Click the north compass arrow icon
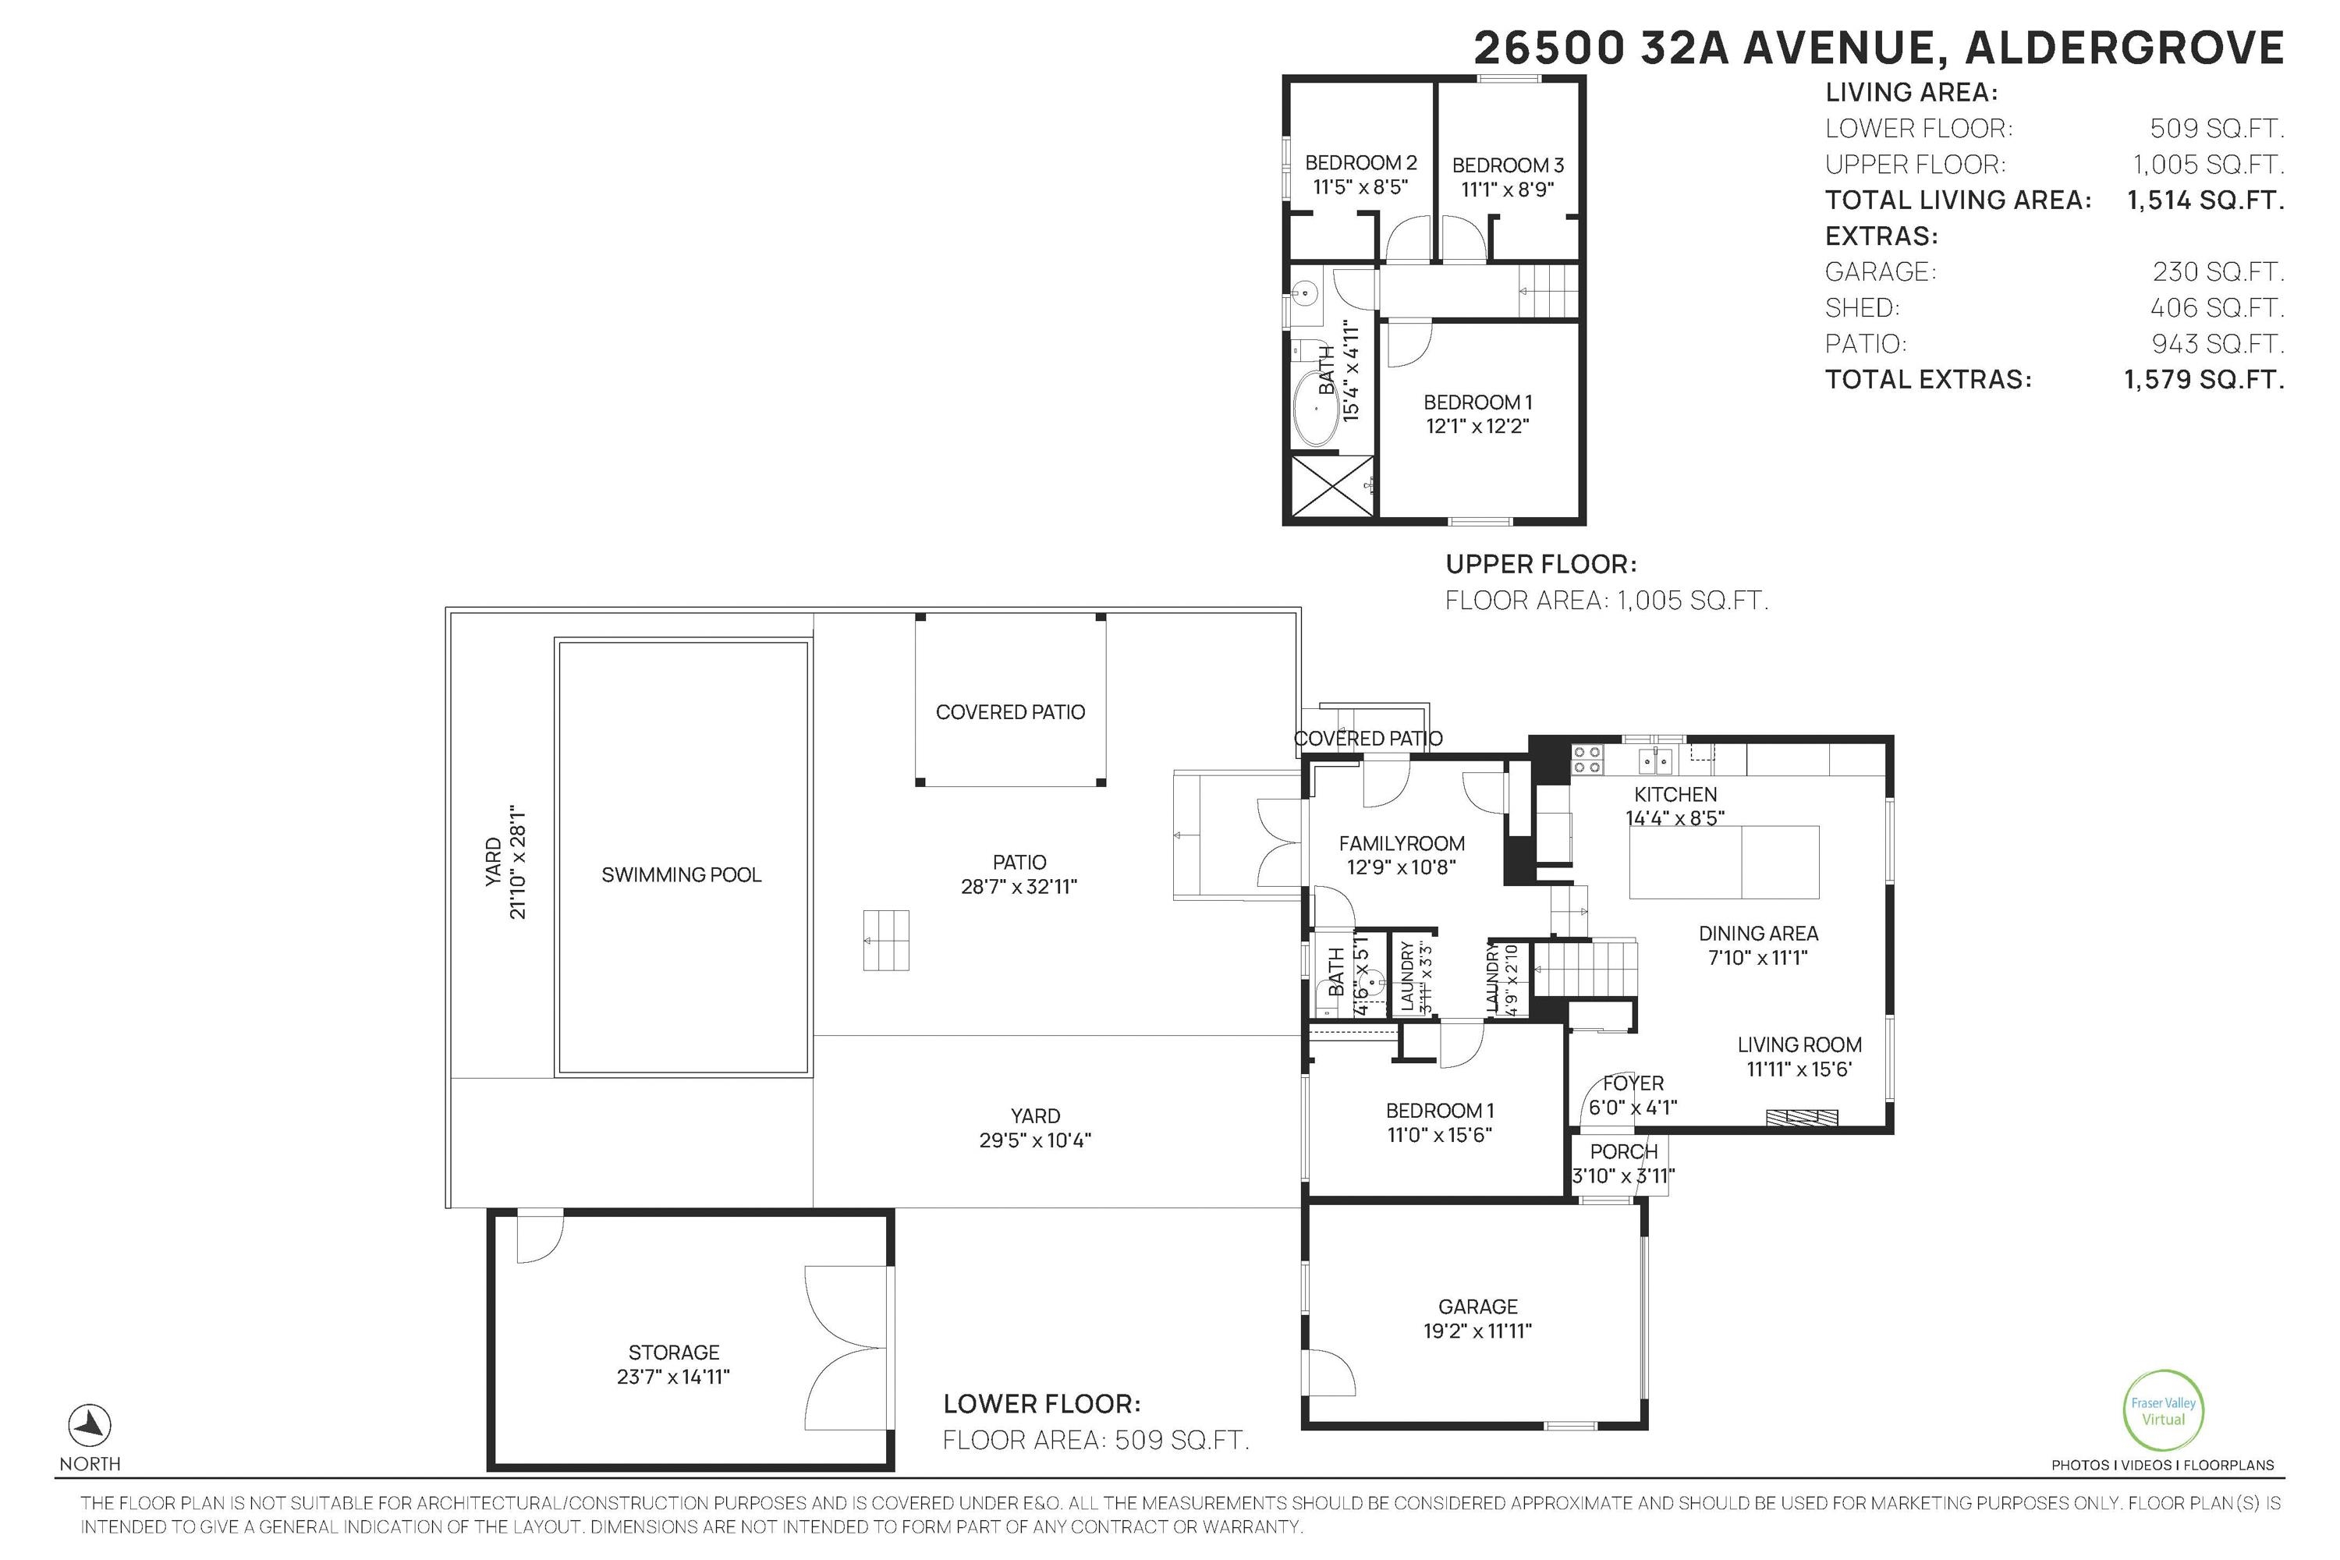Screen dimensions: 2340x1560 [x=90, y=1426]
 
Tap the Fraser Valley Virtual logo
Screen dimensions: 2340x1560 [x=2163, y=1411]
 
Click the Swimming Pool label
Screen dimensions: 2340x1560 [x=682, y=874]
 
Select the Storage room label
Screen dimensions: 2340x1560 [x=674, y=1352]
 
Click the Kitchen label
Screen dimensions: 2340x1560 [x=1675, y=794]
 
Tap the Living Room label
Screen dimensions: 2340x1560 [x=1799, y=1044]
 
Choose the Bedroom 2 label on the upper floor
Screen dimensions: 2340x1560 [x=1360, y=162]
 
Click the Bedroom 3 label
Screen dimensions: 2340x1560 [x=1507, y=165]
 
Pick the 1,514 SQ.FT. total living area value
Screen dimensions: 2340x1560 [x=2205, y=200]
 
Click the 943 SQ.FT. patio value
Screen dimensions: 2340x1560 [x=2218, y=343]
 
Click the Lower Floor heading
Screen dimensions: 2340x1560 [x=1041, y=1404]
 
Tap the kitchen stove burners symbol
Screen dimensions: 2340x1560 [x=1587, y=760]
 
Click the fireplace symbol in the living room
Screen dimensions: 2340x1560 [x=1802, y=1117]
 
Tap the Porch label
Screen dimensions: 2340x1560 [x=1624, y=1151]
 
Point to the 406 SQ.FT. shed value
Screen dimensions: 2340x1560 [x=2218, y=307]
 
